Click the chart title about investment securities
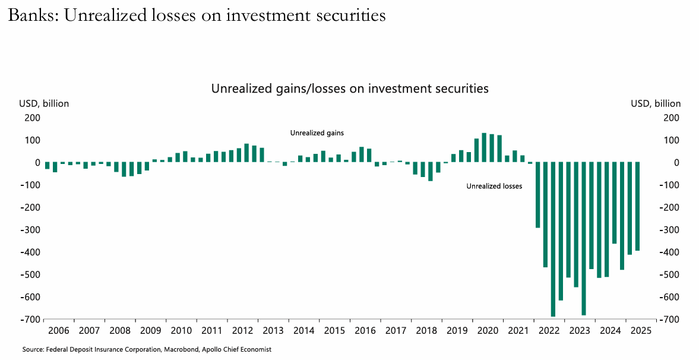coord(350,89)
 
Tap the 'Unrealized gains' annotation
coord(317,133)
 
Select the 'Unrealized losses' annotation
coord(494,187)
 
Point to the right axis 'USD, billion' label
coord(656,103)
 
